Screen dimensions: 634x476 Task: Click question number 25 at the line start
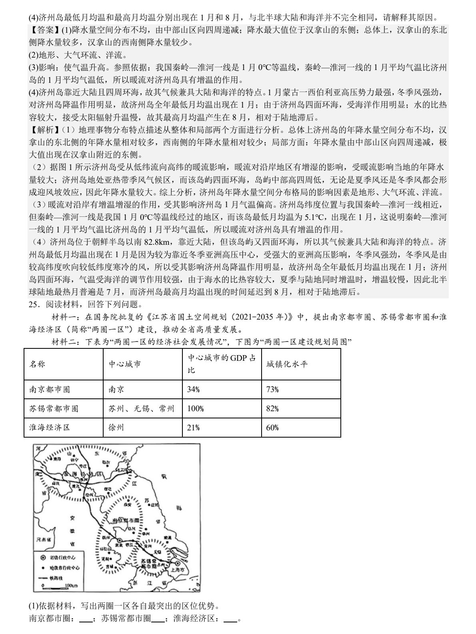pos(34,305)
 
